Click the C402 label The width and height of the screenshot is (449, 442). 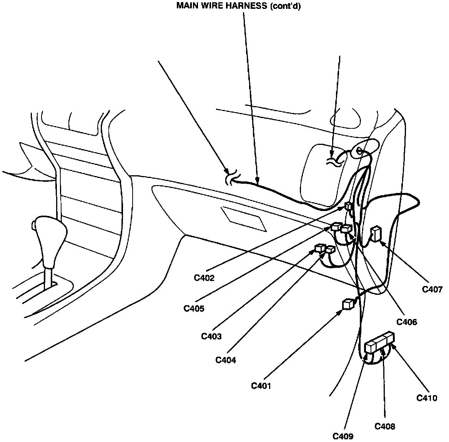204,277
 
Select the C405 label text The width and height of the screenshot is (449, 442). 194,308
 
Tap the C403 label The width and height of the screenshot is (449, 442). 211,336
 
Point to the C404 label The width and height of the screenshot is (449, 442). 226,360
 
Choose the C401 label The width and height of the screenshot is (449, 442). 261,386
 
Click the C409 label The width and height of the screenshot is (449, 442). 343,436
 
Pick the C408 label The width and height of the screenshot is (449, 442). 385,426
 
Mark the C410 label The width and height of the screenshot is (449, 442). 427,398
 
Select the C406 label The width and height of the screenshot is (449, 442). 407,322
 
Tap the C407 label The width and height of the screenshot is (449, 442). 432,289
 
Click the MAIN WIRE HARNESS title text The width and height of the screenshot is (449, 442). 238,6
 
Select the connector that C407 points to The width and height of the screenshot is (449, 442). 375,234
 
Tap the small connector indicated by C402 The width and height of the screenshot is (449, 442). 348,206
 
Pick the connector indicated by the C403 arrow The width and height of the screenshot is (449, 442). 320,248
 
